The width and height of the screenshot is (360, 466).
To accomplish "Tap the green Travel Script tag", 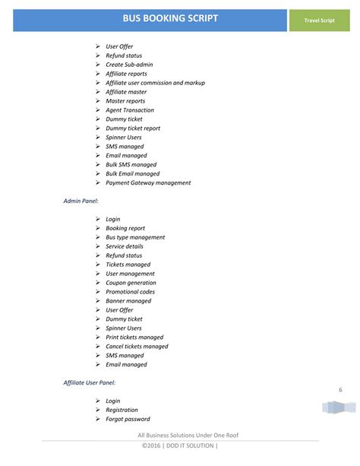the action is coord(320,21).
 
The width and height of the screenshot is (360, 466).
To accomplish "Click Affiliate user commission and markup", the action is coord(155,83).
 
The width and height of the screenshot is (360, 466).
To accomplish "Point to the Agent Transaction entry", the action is coord(129,110).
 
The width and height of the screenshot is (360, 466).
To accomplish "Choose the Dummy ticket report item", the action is coord(133,128).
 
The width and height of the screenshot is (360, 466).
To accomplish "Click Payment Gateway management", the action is coord(148,183).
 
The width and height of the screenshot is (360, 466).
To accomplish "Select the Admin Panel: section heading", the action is coord(81,201).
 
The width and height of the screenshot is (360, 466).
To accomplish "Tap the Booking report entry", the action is coord(125,228).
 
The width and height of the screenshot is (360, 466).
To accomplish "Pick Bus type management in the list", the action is coord(135,237).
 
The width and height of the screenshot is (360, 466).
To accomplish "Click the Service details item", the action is coord(125,246).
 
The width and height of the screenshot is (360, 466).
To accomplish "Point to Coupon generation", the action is coord(131,283).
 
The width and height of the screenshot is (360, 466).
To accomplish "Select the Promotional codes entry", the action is coord(130,292).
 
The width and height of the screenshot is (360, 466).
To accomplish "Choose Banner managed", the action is coord(128,301).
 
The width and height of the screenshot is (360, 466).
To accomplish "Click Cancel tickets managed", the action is coord(137,347).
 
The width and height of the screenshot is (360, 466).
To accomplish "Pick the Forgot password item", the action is coord(128,419).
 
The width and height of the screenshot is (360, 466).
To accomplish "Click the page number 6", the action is coord(340,390).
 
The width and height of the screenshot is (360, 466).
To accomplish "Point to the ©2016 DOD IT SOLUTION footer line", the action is coord(179,446).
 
